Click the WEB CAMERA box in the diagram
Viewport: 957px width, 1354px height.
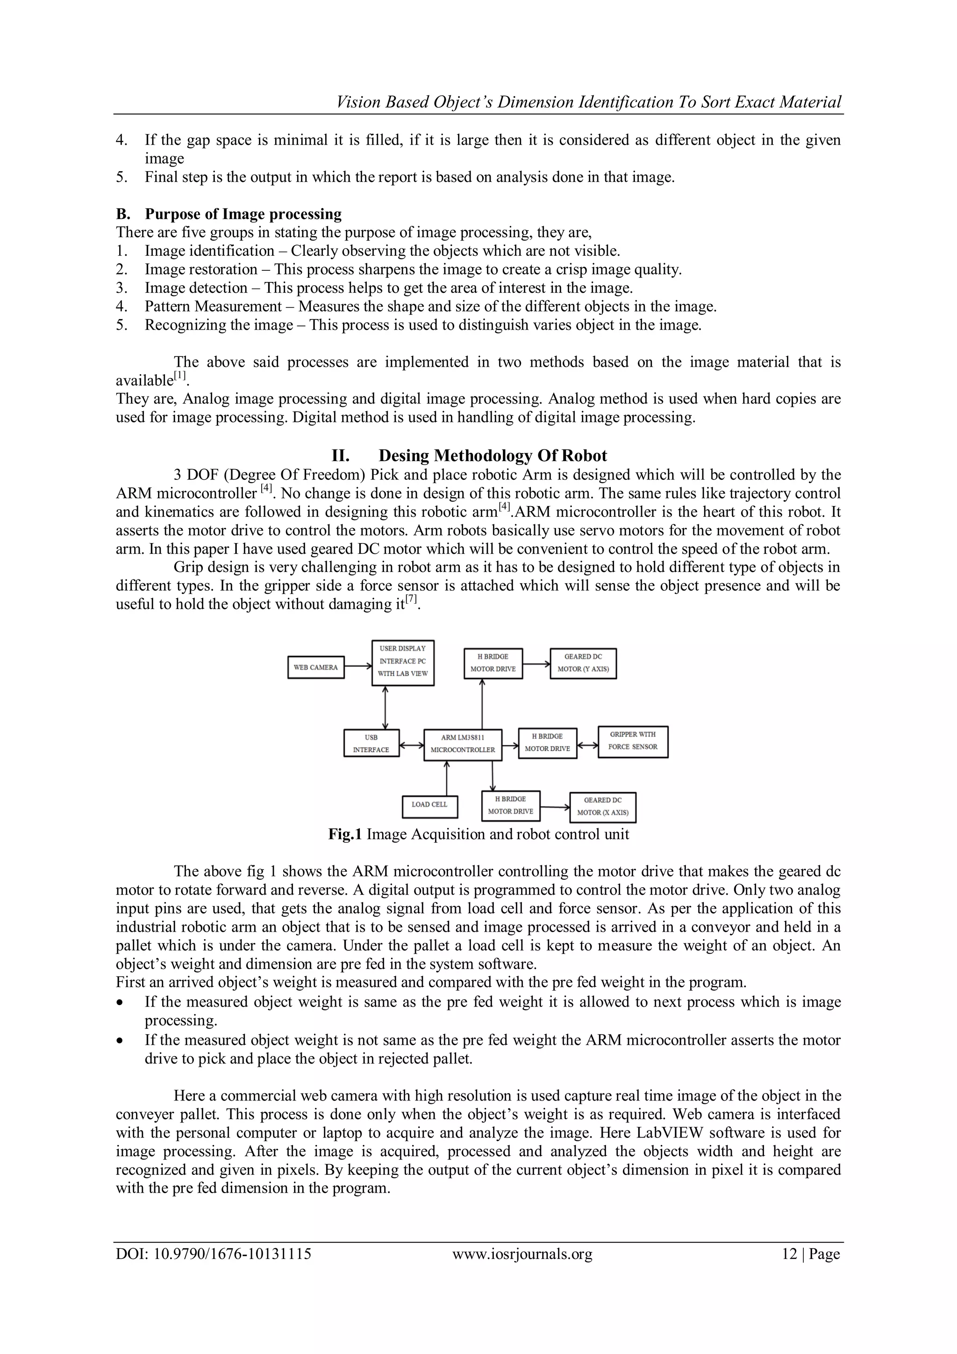(x=316, y=667)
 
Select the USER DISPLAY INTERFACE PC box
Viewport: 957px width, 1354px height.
(x=403, y=662)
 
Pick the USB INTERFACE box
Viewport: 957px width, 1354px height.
(x=371, y=743)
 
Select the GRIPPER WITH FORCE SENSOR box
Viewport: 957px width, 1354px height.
(x=632, y=741)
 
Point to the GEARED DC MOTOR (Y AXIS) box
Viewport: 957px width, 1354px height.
(x=583, y=663)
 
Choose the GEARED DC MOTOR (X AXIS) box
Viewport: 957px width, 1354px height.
(x=602, y=807)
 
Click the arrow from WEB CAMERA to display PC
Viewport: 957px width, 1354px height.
(x=357, y=666)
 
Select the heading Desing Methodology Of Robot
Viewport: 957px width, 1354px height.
(x=492, y=456)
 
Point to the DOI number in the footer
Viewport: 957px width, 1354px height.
(x=214, y=1254)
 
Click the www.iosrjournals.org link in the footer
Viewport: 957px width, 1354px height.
(x=522, y=1254)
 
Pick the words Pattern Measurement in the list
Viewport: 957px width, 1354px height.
(x=214, y=307)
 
